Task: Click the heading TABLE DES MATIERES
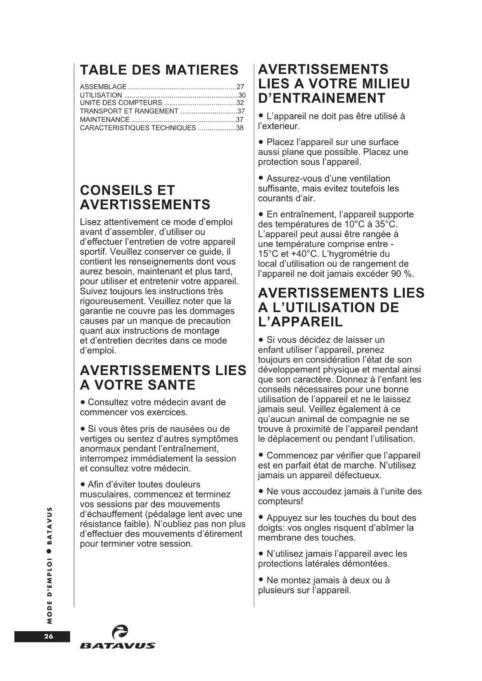[159, 70]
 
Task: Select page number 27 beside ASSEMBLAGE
[240, 87]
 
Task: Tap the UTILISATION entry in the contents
[101, 95]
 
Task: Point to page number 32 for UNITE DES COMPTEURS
[240, 103]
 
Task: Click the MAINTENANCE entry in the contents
[104, 120]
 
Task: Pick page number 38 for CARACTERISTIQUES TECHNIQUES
[240, 128]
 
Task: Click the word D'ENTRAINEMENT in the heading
[322, 98]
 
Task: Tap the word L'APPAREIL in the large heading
[300, 322]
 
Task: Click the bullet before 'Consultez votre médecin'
[83, 402]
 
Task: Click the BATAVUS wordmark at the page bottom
[117, 646]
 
